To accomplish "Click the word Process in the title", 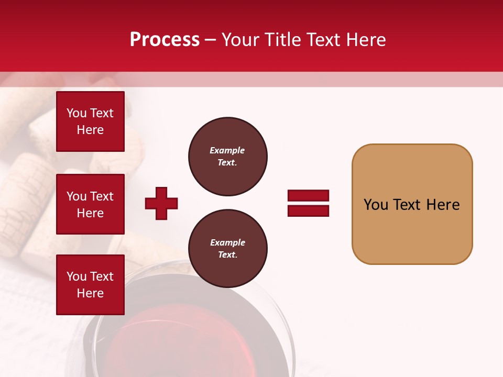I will (x=165, y=40).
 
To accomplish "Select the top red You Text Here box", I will (x=90, y=121).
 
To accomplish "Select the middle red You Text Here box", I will (x=90, y=204).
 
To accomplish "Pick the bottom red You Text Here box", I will (x=90, y=285).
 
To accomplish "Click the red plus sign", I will (x=161, y=203).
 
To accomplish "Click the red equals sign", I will (x=308, y=203).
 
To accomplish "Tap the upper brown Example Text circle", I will (x=227, y=157).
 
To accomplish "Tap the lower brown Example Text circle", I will (x=227, y=249).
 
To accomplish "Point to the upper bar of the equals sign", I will (x=308, y=196).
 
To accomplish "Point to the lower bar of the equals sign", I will (x=308, y=210).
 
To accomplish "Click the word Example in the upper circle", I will (x=227, y=150).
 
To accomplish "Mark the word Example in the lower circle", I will (x=227, y=242).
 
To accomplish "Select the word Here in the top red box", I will (x=90, y=130).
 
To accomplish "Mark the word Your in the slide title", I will (x=241, y=40).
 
